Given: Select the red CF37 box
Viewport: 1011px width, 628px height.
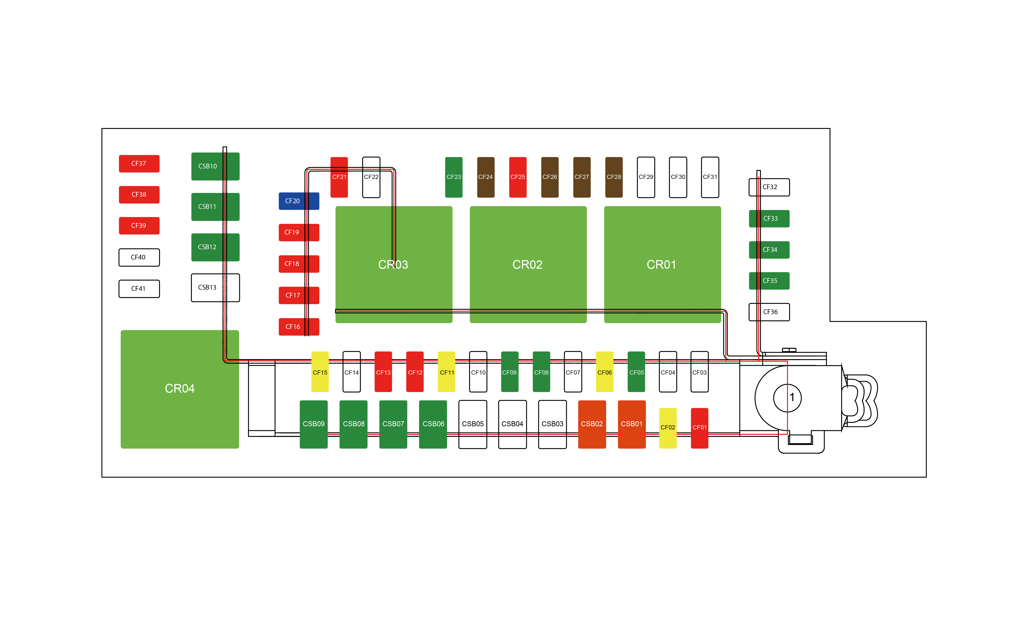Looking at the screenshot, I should click(139, 164).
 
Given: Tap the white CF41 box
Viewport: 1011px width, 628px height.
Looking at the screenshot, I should click(139, 289).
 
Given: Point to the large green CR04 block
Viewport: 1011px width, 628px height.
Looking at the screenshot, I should click(180, 389).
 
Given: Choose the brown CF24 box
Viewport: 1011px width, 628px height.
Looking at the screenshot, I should click(486, 177).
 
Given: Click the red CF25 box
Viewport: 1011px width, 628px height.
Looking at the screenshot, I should click(518, 177).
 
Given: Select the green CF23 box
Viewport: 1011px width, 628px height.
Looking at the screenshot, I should click(454, 177).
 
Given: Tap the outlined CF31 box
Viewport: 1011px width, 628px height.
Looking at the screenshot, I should click(710, 177).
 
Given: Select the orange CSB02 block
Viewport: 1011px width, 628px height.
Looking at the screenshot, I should click(592, 424).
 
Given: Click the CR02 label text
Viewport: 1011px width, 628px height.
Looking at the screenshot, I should click(527, 265).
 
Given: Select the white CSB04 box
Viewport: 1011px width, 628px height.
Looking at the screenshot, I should click(512, 424).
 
